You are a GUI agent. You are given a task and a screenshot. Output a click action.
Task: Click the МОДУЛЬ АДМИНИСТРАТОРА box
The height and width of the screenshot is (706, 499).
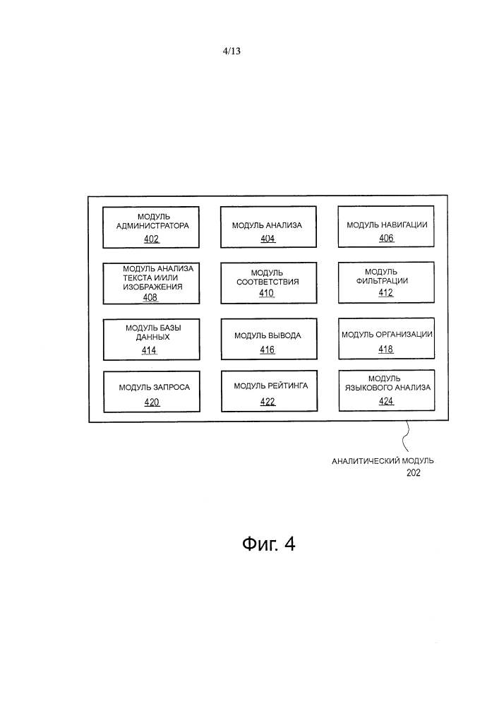coord(151,227)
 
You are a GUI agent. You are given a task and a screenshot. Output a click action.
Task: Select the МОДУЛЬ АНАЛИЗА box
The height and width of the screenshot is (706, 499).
coord(267,227)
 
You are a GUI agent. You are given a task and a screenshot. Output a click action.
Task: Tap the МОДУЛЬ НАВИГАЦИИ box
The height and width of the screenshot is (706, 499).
coord(385,227)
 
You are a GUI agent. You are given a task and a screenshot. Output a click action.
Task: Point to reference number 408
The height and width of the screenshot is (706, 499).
coord(150,298)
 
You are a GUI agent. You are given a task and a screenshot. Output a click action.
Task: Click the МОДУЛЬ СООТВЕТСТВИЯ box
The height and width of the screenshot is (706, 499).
coord(267,283)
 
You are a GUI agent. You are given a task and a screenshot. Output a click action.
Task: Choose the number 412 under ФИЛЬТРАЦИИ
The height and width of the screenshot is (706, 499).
coord(385,293)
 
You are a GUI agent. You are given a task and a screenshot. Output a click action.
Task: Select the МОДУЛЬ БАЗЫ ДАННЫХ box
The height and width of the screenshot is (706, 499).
coord(151,339)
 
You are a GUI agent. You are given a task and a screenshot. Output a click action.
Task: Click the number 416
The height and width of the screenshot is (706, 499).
coord(267,350)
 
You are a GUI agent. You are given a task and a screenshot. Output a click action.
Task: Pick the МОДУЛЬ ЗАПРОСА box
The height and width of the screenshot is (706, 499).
coord(151,392)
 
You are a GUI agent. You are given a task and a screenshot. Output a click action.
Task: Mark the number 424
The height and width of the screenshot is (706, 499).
coord(386,402)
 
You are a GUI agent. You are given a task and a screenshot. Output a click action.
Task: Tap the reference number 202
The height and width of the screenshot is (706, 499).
coord(413,474)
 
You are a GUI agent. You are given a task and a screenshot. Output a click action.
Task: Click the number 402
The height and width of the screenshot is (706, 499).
coord(151,239)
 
